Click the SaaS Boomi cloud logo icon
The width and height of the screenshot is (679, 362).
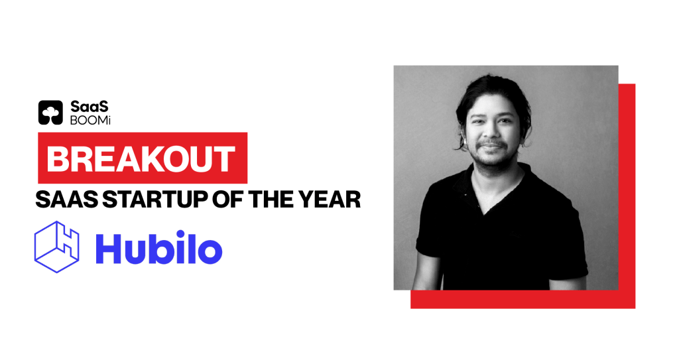[x=50, y=113]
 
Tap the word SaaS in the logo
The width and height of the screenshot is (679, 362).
[x=90, y=107]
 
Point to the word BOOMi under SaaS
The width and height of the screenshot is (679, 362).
[x=90, y=121]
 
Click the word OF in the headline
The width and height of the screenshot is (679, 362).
[x=228, y=199]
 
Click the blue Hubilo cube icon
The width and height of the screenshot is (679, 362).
[x=57, y=247]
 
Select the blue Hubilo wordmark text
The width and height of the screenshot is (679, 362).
[x=159, y=249]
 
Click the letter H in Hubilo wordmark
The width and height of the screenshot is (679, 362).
[x=107, y=249]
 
